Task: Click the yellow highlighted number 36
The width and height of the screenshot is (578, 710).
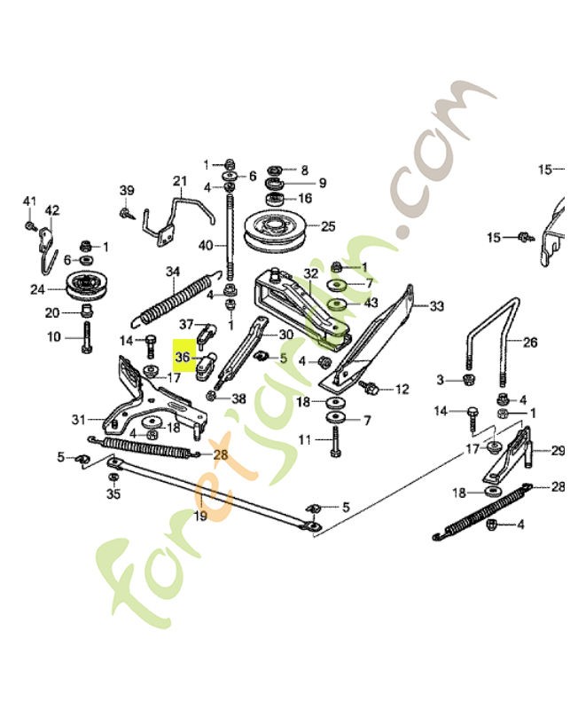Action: tap(184, 357)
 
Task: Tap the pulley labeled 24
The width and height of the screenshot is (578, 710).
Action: tap(86, 288)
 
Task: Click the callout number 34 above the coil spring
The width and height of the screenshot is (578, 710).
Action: tap(172, 272)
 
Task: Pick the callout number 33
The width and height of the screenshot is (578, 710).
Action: tap(435, 307)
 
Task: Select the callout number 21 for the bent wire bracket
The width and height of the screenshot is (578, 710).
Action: tap(181, 183)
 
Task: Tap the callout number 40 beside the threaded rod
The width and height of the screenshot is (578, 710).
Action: tap(206, 246)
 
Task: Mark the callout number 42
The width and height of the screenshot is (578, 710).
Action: tap(52, 210)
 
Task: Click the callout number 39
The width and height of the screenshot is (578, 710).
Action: tap(127, 191)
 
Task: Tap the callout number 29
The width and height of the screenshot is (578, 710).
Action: tap(558, 451)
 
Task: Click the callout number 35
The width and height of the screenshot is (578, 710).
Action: tap(113, 493)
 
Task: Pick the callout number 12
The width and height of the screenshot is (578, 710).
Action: tap(402, 389)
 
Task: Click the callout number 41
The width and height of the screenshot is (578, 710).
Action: tap(29, 202)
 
